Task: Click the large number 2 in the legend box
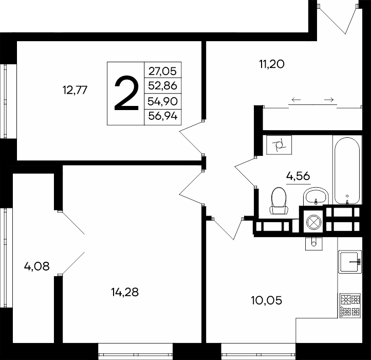[x=126, y=93]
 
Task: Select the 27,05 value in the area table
[x=162, y=71]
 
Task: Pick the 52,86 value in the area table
[x=162, y=85]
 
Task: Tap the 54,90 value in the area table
[x=162, y=101]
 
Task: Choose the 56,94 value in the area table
[x=162, y=116]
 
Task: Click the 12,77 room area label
[x=75, y=90]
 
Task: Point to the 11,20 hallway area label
[x=272, y=64]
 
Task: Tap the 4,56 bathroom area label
[x=298, y=176]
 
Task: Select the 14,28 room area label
[x=125, y=292]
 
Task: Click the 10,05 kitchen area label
[x=266, y=300]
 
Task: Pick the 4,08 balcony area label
[x=36, y=266]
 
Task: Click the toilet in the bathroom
[x=279, y=201]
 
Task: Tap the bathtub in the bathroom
[x=347, y=171]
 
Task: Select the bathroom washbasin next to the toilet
[x=316, y=196]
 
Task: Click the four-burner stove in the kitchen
[x=350, y=306]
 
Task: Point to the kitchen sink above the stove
[x=350, y=262]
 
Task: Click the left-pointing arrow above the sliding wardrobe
[x=296, y=100]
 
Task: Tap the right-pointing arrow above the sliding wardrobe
[x=329, y=100]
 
